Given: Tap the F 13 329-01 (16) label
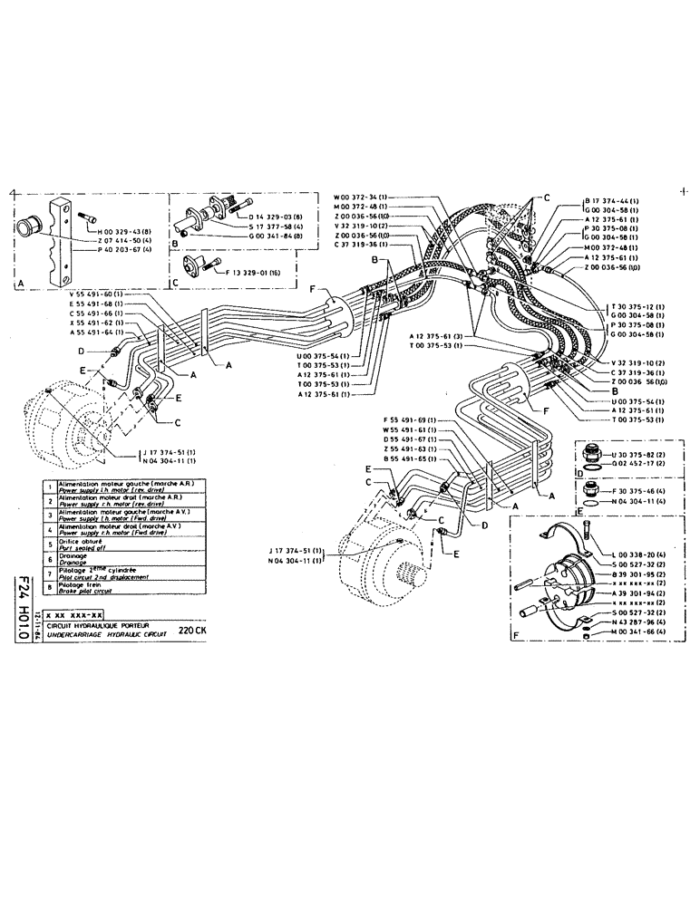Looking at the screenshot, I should pyautogui.click(x=248, y=271).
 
